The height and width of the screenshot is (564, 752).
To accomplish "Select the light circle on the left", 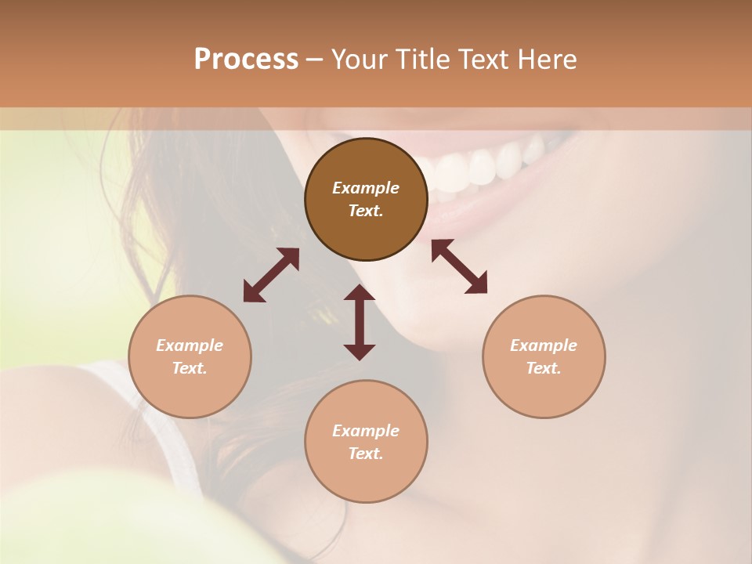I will point(190,357).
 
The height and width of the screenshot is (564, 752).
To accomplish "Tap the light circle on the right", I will point(544,357).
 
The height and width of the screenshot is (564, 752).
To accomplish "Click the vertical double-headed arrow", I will point(360,322).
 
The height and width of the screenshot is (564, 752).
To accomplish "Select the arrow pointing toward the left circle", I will point(271,275).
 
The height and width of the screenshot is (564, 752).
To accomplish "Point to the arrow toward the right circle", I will point(459,266).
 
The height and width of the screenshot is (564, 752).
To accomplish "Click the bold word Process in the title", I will point(246,59).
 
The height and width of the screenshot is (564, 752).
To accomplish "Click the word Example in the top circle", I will point(366,188).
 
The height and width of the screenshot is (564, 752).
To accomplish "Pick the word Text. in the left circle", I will point(190,368).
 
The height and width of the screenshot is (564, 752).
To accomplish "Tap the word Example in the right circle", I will point(544,345).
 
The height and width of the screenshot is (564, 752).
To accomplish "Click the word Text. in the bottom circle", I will point(366,454).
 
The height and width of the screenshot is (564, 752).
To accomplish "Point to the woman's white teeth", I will point(478,164).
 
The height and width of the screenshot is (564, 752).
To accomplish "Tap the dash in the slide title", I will point(315,59).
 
